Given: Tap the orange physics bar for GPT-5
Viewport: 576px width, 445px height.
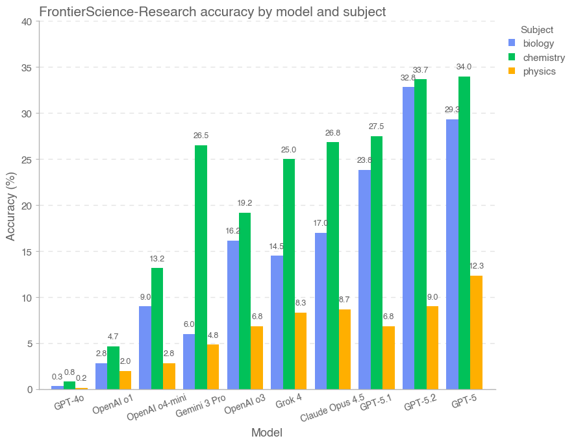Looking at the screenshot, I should [476, 332].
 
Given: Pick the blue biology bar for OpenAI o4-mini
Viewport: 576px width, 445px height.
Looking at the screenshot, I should [145, 348].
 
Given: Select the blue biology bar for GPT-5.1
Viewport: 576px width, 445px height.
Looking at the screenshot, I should [364, 280].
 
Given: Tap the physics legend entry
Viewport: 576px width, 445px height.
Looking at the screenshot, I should [539, 71].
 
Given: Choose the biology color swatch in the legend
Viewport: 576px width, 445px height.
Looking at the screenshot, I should [512, 43].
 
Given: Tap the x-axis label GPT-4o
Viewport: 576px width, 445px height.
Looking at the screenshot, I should [69, 404].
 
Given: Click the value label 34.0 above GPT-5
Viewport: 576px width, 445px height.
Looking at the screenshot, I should [464, 67].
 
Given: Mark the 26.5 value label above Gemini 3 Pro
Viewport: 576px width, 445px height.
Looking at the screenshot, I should [201, 136].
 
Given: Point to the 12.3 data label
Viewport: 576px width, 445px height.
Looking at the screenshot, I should [476, 266].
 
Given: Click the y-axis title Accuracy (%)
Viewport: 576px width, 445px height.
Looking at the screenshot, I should [11, 206].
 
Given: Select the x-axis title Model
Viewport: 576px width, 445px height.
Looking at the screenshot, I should [267, 433].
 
